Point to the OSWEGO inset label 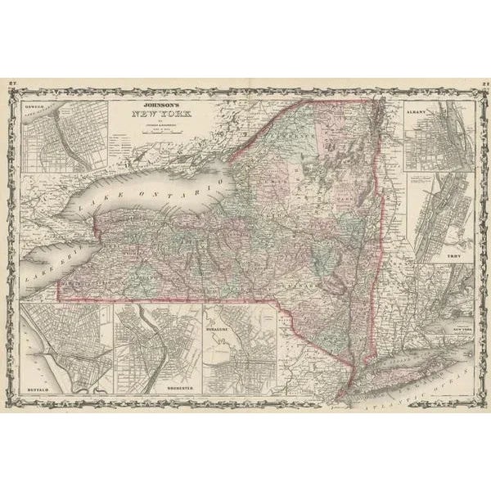tap(38, 106)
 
